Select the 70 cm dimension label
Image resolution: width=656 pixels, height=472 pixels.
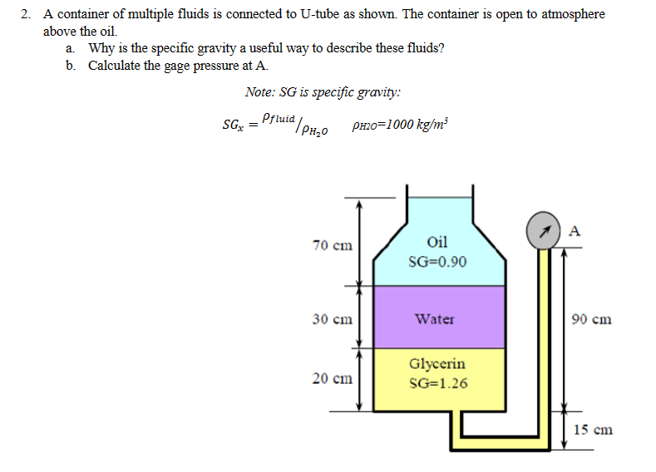click(333, 245)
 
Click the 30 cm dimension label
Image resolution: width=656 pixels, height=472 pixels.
click(333, 318)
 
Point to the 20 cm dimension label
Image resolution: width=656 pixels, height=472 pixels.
click(333, 378)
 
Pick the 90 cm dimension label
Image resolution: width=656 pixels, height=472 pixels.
click(593, 318)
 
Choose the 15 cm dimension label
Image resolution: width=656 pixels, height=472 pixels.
click(594, 430)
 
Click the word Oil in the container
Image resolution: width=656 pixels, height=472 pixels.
click(437, 242)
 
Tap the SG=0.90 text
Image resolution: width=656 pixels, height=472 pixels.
click(438, 262)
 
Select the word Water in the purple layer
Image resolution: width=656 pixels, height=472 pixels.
click(435, 318)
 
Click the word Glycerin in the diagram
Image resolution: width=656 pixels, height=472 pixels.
click(437, 364)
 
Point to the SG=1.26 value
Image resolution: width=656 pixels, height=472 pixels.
click(438, 383)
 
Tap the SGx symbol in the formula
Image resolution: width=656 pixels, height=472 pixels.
click(232, 126)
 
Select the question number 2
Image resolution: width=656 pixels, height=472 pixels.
click(26, 14)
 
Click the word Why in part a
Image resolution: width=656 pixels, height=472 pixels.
click(101, 47)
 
